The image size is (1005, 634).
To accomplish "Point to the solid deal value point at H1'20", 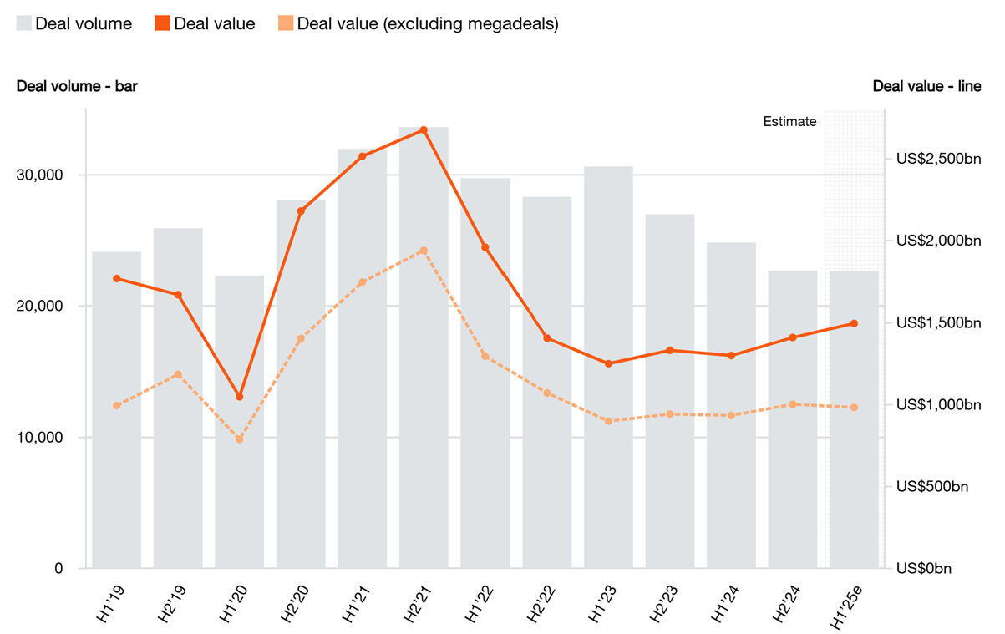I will click(240, 397).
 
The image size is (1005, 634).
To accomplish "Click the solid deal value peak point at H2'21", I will click(424, 130).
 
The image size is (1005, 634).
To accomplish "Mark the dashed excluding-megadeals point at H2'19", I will click(178, 374).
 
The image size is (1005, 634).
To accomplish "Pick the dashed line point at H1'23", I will click(608, 421).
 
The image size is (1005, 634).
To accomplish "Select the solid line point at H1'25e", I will click(854, 323).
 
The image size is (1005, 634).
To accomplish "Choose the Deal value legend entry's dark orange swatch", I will click(162, 23).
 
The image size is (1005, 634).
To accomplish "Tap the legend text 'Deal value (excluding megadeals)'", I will click(427, 23).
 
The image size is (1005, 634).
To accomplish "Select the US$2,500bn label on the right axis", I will click(938, 159).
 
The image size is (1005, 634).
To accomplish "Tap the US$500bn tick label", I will click(932, 486).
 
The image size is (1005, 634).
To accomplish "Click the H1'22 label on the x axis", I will click(481, 601).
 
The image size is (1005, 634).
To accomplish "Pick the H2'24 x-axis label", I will click(789, 601).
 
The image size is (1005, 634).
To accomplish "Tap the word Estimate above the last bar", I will click(789, 122).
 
